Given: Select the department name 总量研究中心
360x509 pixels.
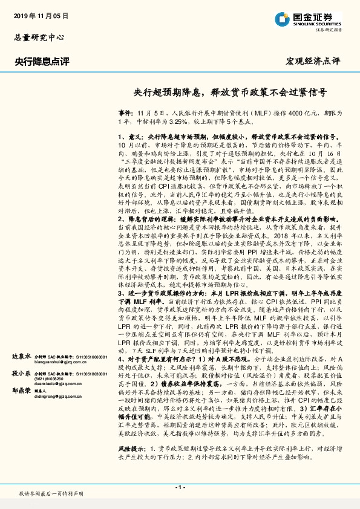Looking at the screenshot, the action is pyautogui.click(x=39, y=37).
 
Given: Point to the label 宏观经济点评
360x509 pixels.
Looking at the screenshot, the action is pyautogui.click(x=313, y=62).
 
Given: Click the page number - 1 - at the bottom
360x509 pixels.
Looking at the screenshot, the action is pyautogui.click(x=180, y=487).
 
